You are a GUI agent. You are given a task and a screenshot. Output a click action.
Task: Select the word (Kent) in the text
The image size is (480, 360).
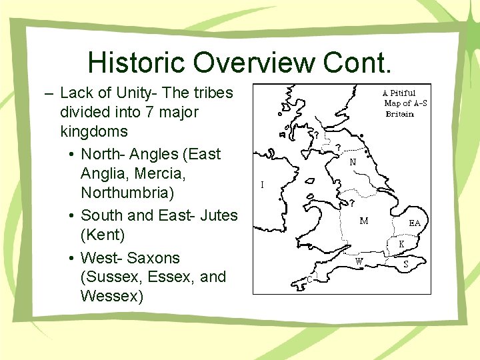click(x=102, y=235)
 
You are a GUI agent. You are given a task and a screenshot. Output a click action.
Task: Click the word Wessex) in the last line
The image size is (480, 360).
click(x=111, y=296)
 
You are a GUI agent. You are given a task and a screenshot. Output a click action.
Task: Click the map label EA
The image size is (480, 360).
click(x=415, y=223)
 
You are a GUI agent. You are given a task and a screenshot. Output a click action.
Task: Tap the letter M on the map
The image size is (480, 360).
click(x=364, y=221)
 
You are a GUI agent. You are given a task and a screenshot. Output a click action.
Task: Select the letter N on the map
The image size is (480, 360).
click(x=351, y=161)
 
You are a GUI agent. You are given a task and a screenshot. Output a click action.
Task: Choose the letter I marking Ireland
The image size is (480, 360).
click(x=262, y=185)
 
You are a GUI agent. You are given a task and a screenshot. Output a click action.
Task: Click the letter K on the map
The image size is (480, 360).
click(x=401, y=245)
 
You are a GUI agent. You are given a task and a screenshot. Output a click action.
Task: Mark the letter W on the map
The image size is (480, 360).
click(x=359, y=261)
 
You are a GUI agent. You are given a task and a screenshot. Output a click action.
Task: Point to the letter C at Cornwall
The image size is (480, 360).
click(x=310, y=280)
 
